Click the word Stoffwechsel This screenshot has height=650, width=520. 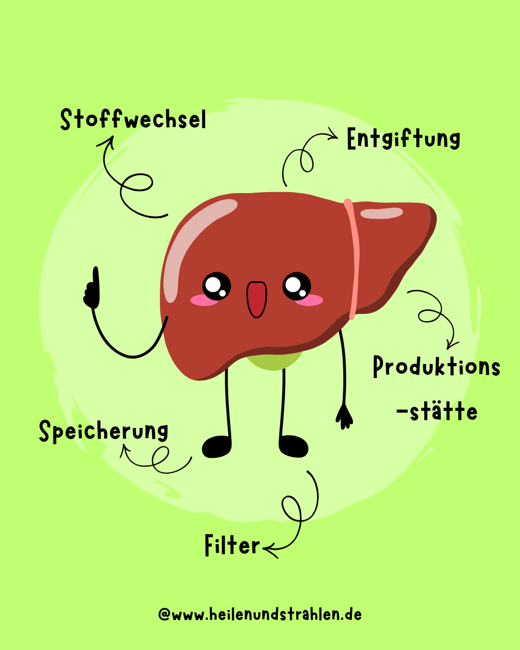(133, 120)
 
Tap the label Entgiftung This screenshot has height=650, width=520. (403, 139)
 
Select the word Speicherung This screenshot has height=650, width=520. (104, 431)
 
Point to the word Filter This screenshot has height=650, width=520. (232, 546)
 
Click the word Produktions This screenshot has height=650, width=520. (437, 367)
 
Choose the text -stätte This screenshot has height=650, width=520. (437, 412)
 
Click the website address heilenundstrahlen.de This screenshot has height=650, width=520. (260, 614)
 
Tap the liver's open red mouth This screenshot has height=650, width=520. (257, 299)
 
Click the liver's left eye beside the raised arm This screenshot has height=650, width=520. (216, 286)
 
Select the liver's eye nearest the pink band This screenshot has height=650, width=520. (297, 286)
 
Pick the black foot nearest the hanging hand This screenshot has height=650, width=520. (293, 446)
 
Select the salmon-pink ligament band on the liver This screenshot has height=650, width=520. (354, 260)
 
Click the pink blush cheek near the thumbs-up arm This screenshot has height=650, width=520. (204, 300)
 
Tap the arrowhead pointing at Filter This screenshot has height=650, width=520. (268, 549)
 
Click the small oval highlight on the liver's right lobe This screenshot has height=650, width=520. (381, 213)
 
